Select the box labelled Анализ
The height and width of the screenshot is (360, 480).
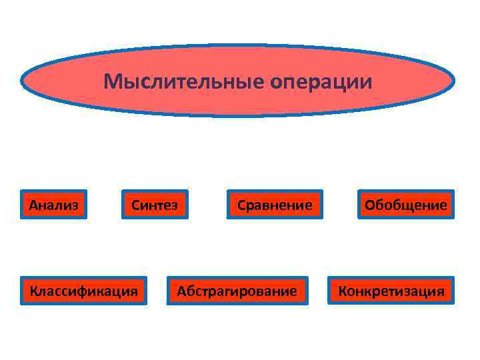tap(54, 205)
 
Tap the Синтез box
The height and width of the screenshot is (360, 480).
tap(154, 205)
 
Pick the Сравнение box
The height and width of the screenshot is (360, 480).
tap(275, 205)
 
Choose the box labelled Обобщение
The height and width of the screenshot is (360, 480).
tap(405, 205)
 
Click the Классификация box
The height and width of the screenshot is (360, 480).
tap(83, 291)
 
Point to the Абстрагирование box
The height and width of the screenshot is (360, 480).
tap(237, 291)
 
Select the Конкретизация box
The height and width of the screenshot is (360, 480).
tap(391, 291)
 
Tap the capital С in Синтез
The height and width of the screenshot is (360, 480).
tap(135, 205)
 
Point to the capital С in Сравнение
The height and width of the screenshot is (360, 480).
tap(241, 205)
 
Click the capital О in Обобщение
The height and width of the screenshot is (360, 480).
tap(369, 205)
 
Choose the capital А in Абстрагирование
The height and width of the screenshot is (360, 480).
tap(181, 291)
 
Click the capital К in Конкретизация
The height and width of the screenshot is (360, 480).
tap(343, 291)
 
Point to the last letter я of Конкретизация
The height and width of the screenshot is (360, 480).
tap(440, 291)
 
